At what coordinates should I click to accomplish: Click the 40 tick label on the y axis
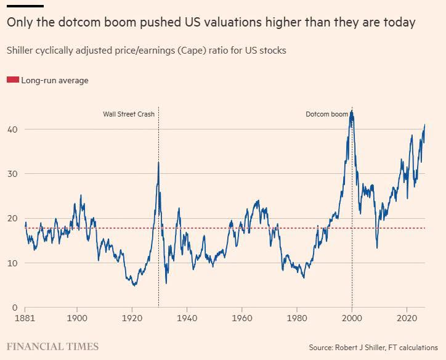coord(12,129)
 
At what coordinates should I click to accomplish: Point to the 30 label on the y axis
coord(12,174)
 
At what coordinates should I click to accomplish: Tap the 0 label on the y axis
coord(15,308)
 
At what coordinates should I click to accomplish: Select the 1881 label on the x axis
coord(25,318)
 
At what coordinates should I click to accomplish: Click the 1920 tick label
coord(132,318)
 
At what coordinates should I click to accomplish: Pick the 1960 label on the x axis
coord(241,318)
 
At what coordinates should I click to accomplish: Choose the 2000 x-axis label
coord(352,318)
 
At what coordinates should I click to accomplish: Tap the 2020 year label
coord(407,318)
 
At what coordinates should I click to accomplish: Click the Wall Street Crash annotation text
coord(129,114)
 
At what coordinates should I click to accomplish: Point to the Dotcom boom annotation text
coord(327,114)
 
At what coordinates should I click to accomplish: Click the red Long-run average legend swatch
coord(13,80)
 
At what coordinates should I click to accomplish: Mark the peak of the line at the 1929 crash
coord(158,162)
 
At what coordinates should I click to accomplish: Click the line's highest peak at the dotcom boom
coord(352,110)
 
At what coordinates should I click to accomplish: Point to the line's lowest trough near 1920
coord(134,285)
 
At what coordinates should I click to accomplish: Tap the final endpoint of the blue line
coord(424,125)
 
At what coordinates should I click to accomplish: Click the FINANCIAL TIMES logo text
coord(52,346)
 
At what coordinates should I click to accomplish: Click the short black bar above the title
coord(25,6)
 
